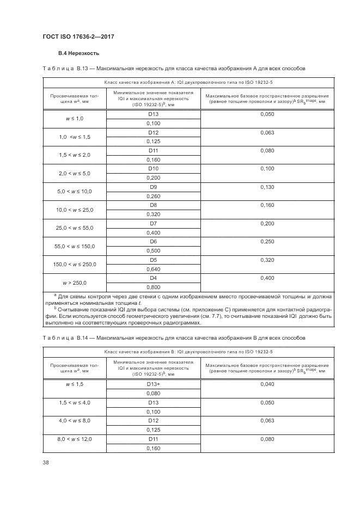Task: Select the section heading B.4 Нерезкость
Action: pyautogui.click(x=78, y=54)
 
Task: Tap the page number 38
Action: pyautogui.click(x=46, y=463)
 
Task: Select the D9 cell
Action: pyautogui.click(x=153, y=186)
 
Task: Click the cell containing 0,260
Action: pyautogui.click(x=153, y=196)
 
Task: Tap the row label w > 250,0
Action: pyautogui.click(x=75, y=283)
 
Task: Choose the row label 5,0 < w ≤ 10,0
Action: pyautogui.click(x=75, y=191)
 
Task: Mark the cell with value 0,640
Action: pyautogui.click(x=153, y=268)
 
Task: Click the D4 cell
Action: pyautogui.click(x=153, y=278)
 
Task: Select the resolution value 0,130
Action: pyautogui.click(x=267, y=186)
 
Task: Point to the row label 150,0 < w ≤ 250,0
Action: pyautogui.click(x=75, y=264)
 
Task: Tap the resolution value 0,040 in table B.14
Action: pyautogui.click(x=267, y=384)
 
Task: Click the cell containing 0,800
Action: pyautogui.click(x=153, y=287)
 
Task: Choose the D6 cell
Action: pyautogui.click(x=153, y=241)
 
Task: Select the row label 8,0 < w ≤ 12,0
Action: pyautogui.click(x=75, y=439)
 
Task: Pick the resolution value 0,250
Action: pyautogui.click(x=267, y=241)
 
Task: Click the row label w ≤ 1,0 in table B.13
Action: pyautogui.click(x=75, y=118)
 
